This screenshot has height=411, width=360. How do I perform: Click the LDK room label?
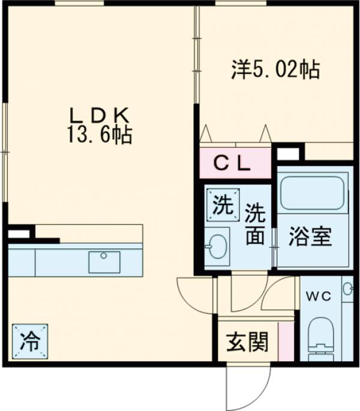98,114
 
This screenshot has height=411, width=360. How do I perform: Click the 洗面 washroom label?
254,224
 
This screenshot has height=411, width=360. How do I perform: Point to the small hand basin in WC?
348,289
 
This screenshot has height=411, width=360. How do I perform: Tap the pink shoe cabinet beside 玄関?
290,341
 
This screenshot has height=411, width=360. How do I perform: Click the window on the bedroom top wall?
232,4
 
